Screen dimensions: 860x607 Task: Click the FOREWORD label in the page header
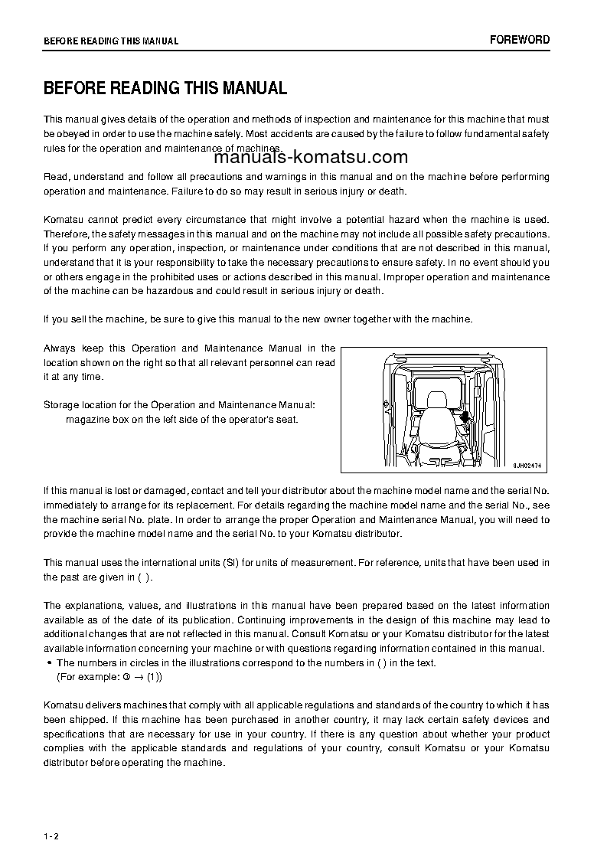520,40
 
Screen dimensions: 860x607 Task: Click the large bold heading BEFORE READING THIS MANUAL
165,88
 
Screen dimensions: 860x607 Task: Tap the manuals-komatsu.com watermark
311,158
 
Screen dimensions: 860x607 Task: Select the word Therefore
67,234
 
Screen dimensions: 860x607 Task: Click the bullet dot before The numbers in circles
49,663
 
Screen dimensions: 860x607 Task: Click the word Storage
61,404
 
